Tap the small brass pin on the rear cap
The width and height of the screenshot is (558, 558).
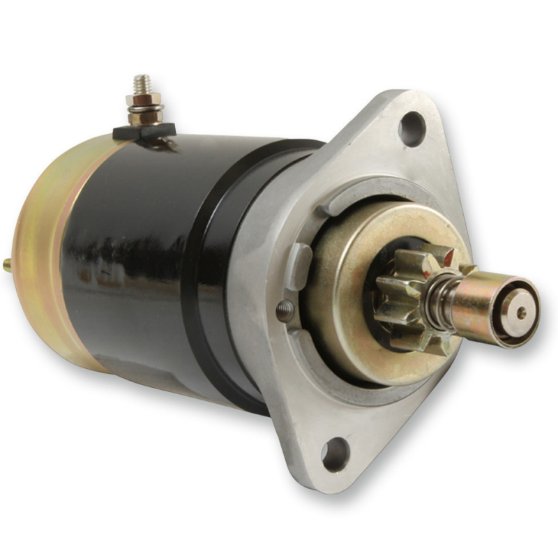8,264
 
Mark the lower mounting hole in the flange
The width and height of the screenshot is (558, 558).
334,454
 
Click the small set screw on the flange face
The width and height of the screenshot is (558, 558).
285,310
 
